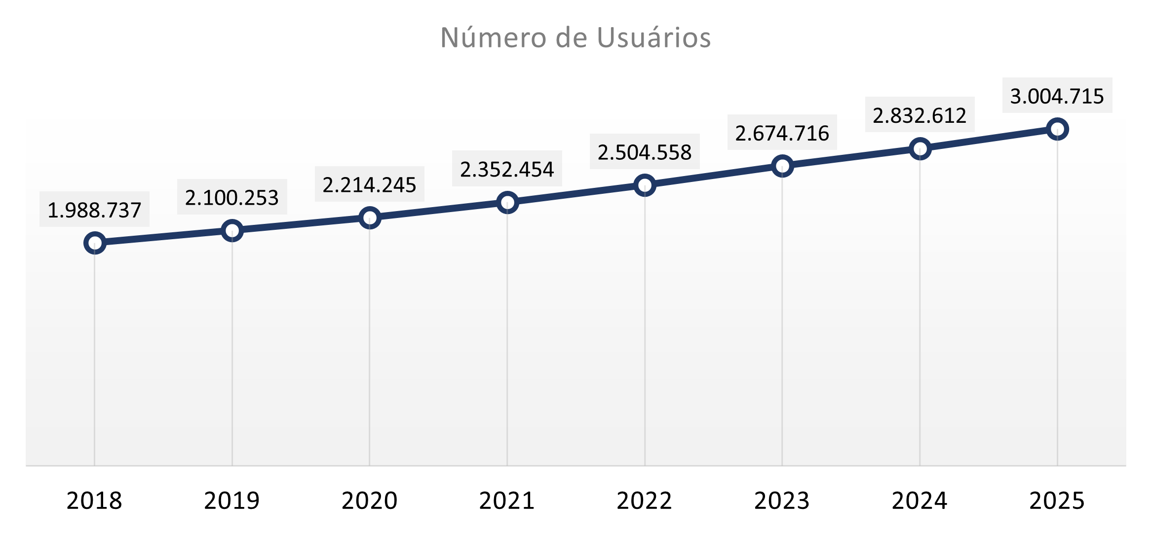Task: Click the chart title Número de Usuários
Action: [x=576, y=37]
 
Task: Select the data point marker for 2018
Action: [x=94, y=243]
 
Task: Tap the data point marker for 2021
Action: [x=507, y=202]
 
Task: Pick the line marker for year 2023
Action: [x=782, y=166]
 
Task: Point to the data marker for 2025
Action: [x=1057, y=129]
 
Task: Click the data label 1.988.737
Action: [x=94, y=210]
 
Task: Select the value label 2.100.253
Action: [x=232, y=197]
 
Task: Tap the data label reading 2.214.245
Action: [x=370, y=184]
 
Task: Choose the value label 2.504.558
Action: [x=645, y=152]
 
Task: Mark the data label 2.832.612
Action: [x=920, y=115]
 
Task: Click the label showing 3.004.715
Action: [x=1057, y=96]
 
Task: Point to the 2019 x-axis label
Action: [x=232, y=501]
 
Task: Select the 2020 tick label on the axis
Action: [x=370, y=501]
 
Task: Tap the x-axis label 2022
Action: [x=645, y=501]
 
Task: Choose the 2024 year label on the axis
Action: [x=920, y=501]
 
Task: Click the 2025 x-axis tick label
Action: [x=1057, y=501]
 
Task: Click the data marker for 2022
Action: [x=645, y=185]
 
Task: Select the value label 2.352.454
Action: [x=507, y=169]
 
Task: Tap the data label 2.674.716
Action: [x=782, y=133]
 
